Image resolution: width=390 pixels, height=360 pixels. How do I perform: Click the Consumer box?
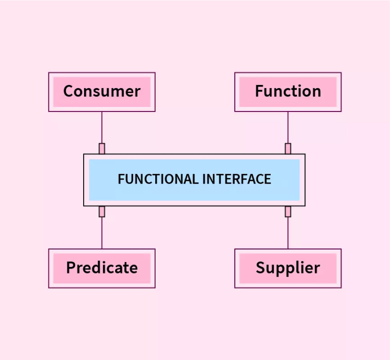click(x=102, y=92)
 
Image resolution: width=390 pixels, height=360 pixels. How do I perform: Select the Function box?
click(x=288, y=92)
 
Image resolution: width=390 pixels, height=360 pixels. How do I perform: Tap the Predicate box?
click(x=102, y=268)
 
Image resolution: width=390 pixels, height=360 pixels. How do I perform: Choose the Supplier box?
click(x=288, y=268)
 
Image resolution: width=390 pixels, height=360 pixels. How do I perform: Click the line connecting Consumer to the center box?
click(x=102, y=127)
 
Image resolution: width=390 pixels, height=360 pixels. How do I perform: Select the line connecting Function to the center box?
click(x=288, y=127)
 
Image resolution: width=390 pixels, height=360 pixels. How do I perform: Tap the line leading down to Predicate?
click(x=102, y=232)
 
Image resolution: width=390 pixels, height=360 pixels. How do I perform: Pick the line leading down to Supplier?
click(x=288, y=232)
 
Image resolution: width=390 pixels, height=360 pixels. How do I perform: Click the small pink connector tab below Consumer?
click(x=102, y=148)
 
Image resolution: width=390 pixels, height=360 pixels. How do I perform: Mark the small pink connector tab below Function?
click(x=288, y=148)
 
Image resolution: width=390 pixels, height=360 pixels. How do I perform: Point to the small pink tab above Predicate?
click(x=102, y=211)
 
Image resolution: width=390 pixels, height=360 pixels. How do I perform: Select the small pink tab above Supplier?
click(x=288, y=211)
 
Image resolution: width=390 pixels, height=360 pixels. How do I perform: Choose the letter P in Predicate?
click(x=72, y=267)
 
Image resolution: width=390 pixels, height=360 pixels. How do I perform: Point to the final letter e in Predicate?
click(x=133, y=268)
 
